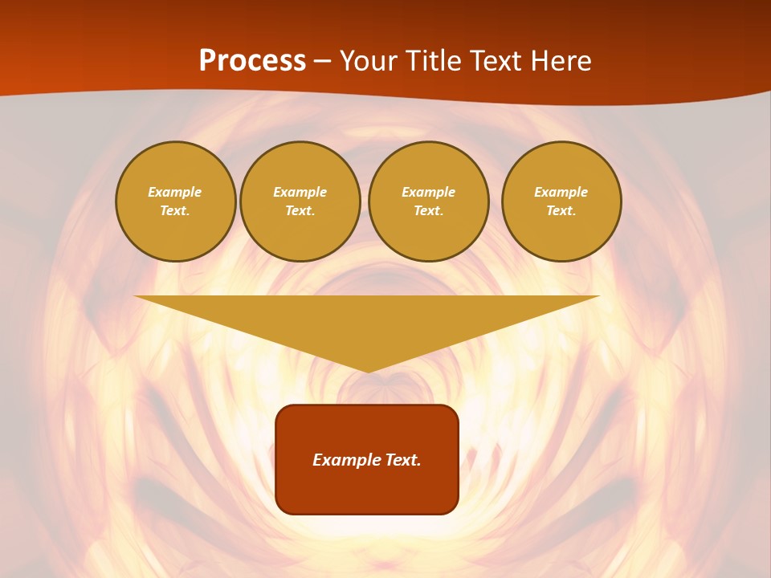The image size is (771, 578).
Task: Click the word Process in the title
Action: pos(252,61)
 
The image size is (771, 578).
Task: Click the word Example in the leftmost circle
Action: pos(175,193)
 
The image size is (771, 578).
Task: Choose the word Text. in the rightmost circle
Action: pos(561,211)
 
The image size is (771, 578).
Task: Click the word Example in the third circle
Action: pos(428,193)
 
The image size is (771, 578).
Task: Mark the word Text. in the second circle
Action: pos(300,211)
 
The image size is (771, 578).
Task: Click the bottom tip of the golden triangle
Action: pos(368,371)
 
